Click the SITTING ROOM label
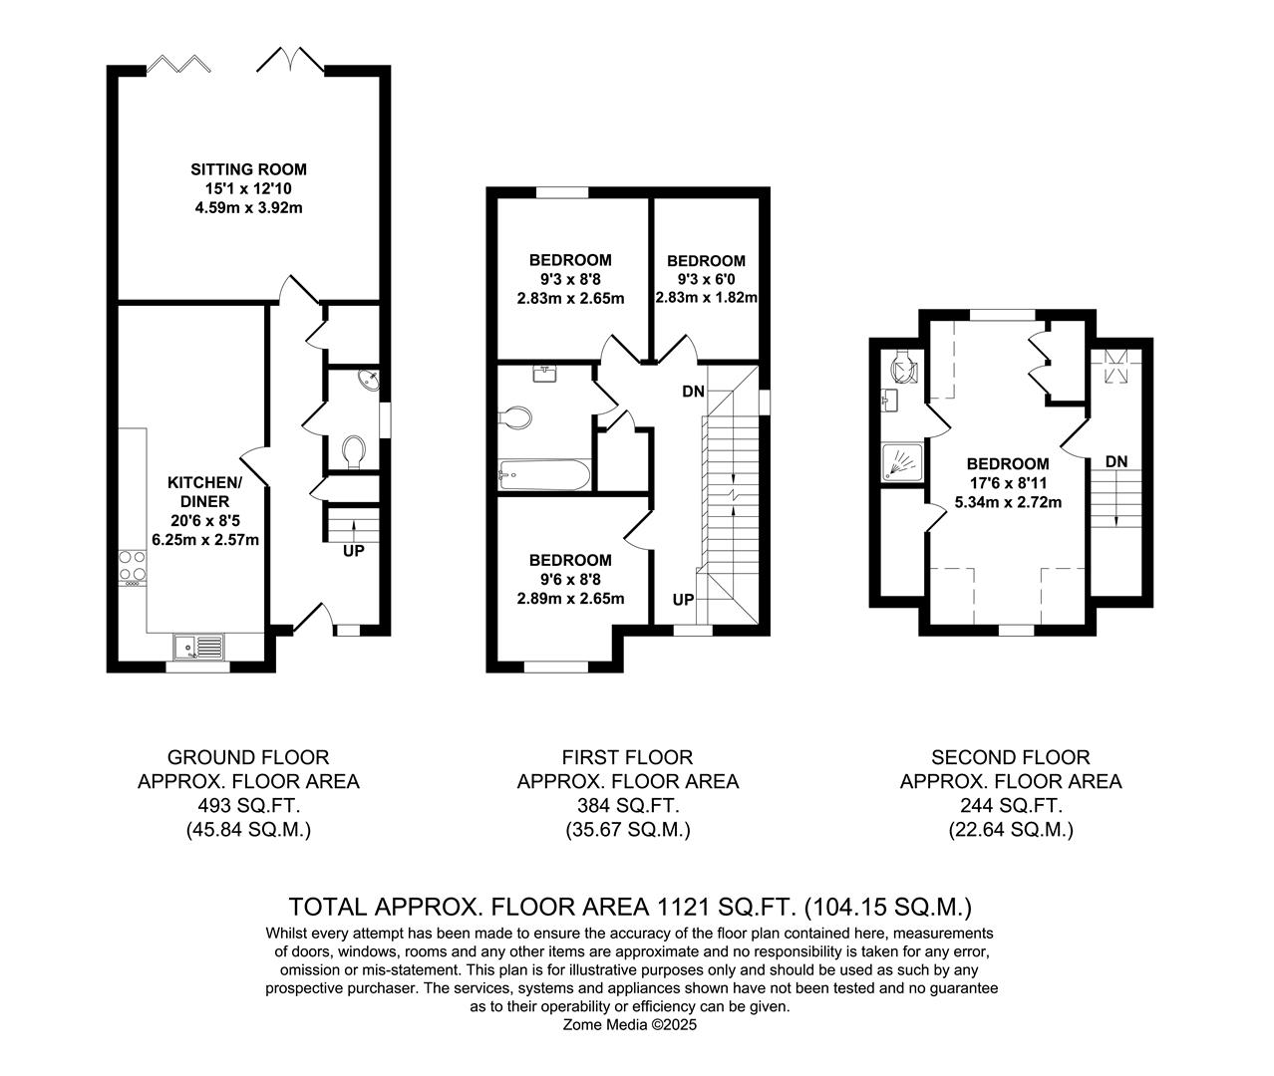tap(248, 169)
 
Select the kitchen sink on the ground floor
tap(198, 648)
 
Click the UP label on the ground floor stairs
tap(354, 550)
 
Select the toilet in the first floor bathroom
tap(516, 417)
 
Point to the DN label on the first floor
tap(694, 392)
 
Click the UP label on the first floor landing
tap(683, 600)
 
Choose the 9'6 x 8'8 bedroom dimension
tap(570, 579)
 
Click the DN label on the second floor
tap(1116, 461)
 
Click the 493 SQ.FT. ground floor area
tap(248, 806)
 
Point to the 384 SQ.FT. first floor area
tap(628, 806)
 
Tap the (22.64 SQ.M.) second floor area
tap(1010, 830)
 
